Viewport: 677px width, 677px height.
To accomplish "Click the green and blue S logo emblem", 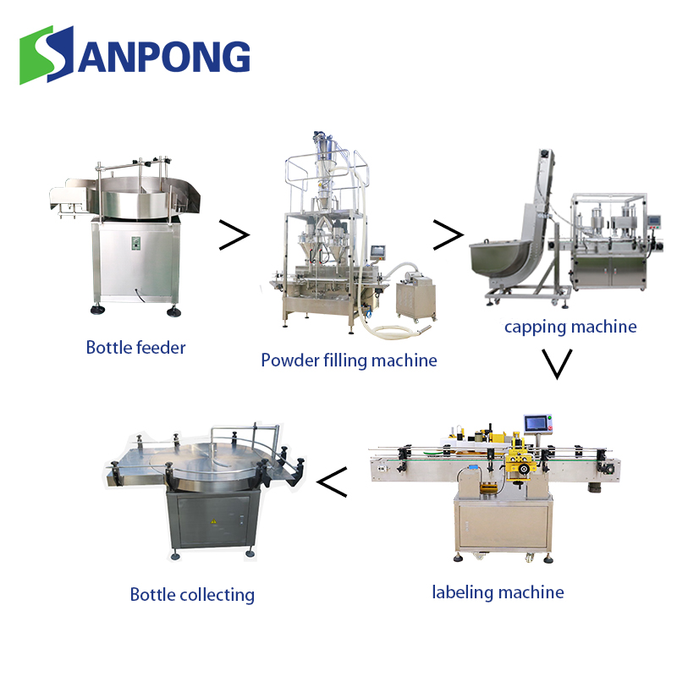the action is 47,55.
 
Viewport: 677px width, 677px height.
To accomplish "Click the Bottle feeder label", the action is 135,348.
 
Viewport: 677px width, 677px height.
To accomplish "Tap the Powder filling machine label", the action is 349,361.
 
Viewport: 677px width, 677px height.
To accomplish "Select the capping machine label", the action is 570,327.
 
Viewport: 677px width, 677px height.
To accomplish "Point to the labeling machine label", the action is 498,592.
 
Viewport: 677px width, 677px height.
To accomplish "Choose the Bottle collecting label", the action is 192,595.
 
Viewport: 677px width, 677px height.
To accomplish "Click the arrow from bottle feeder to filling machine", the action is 234,235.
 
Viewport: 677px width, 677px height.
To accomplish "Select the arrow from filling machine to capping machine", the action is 449,235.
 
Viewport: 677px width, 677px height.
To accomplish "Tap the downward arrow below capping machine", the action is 557,364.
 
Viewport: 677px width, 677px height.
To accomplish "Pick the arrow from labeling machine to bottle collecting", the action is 332,482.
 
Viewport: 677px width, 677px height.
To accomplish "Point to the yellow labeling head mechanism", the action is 520,460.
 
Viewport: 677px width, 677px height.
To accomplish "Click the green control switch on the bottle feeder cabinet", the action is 136,243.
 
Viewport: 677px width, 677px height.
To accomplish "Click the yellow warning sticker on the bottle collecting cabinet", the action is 213,522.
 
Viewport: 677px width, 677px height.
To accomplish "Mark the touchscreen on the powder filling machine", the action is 377,251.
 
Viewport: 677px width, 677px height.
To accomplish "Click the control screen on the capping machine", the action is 654,222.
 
